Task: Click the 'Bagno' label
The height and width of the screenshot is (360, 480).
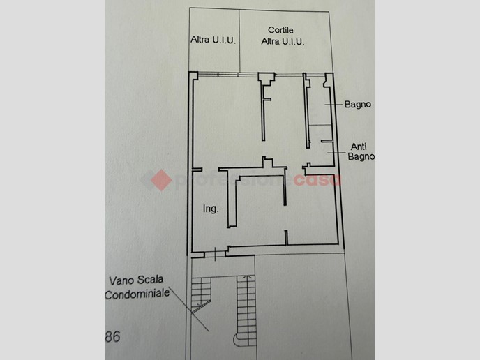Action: point(357,105)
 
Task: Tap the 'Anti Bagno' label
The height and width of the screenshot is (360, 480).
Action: point(361,151)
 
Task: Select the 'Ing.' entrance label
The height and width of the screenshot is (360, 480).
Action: point(211,209)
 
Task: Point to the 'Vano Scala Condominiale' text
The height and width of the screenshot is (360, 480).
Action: point(137,287)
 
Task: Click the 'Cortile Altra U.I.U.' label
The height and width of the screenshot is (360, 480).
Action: point(283,36)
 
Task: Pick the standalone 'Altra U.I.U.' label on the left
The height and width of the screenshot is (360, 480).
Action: point(213,40)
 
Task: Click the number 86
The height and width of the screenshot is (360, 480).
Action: point(112,337)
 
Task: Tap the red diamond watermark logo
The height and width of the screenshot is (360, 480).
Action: point(161,180)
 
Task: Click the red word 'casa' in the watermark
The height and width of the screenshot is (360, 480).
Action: point(317,180)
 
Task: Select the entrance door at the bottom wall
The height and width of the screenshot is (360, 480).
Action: point(215,254)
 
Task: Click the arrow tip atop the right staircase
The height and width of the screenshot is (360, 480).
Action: point(247,276)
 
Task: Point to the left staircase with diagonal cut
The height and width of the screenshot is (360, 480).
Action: point(201,293)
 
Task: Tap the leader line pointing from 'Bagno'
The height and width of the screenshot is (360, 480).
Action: point(333,105)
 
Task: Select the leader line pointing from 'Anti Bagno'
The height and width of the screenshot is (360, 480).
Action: point(336,153)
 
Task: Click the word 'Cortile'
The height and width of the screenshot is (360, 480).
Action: point(280,30)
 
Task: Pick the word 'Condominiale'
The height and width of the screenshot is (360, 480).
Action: point(137,294)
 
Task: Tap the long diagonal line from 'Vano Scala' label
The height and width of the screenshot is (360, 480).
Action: point(188,308)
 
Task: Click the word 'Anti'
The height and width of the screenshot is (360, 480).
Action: point(359,147)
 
